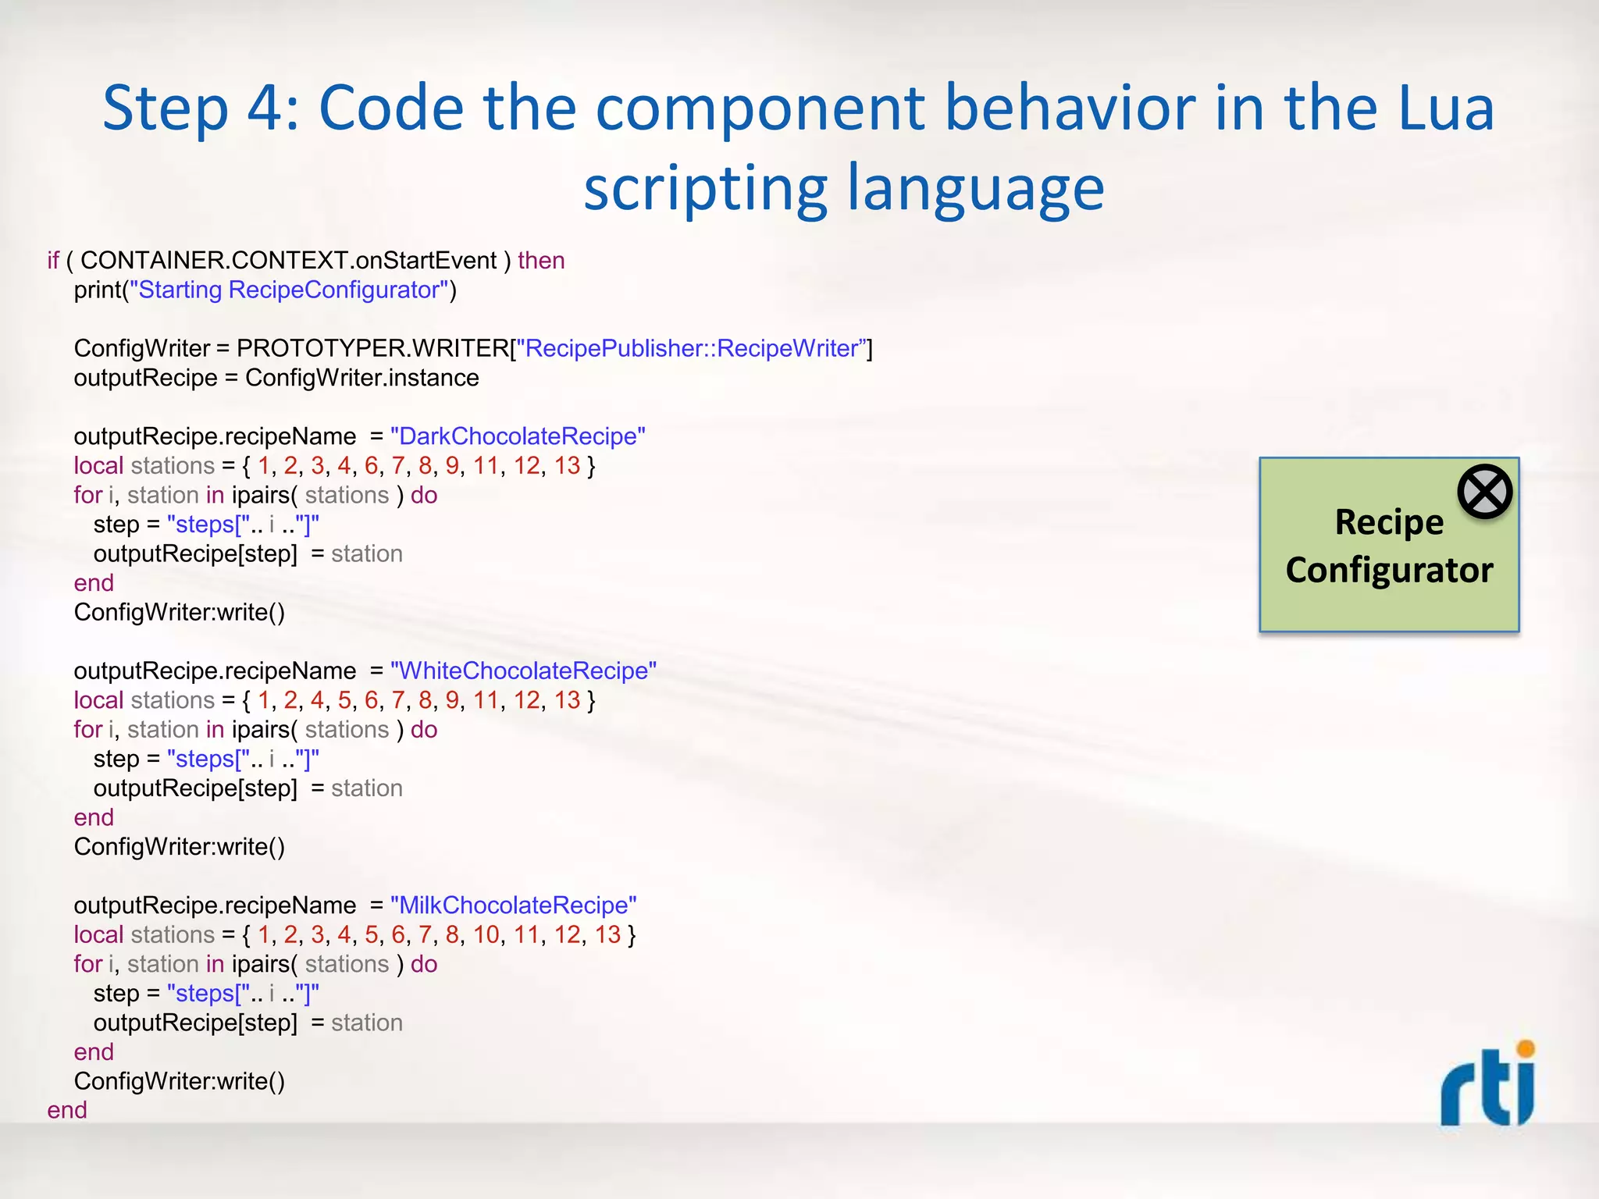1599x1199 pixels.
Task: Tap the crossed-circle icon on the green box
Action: [x=1484, y=492]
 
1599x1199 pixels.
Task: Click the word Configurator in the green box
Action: [x=1389, y=570]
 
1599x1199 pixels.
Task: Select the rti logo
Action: [x=1488, y=1085]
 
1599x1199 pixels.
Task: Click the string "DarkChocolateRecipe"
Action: [x=518, y=436]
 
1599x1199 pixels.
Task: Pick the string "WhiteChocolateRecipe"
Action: [x=523, y=671]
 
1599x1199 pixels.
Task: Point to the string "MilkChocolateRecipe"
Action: [x=513, y=905]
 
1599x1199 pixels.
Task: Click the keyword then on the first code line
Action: [x=541, y=261]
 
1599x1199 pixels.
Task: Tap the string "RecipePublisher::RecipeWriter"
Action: [x=691, y=348]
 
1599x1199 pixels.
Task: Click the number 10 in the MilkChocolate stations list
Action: [x=486, y=935]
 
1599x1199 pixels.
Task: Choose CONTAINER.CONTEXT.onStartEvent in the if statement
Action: [x=288, y=261]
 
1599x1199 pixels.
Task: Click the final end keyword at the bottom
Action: [x=67, y=1110]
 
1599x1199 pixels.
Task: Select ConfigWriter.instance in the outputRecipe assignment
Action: [x=361, y=378]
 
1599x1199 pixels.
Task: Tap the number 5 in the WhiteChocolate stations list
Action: [x=344, y=700]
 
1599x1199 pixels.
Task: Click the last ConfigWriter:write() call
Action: [x=179, y=1081]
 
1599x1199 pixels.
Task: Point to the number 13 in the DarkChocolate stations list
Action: [x=567, y=466]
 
